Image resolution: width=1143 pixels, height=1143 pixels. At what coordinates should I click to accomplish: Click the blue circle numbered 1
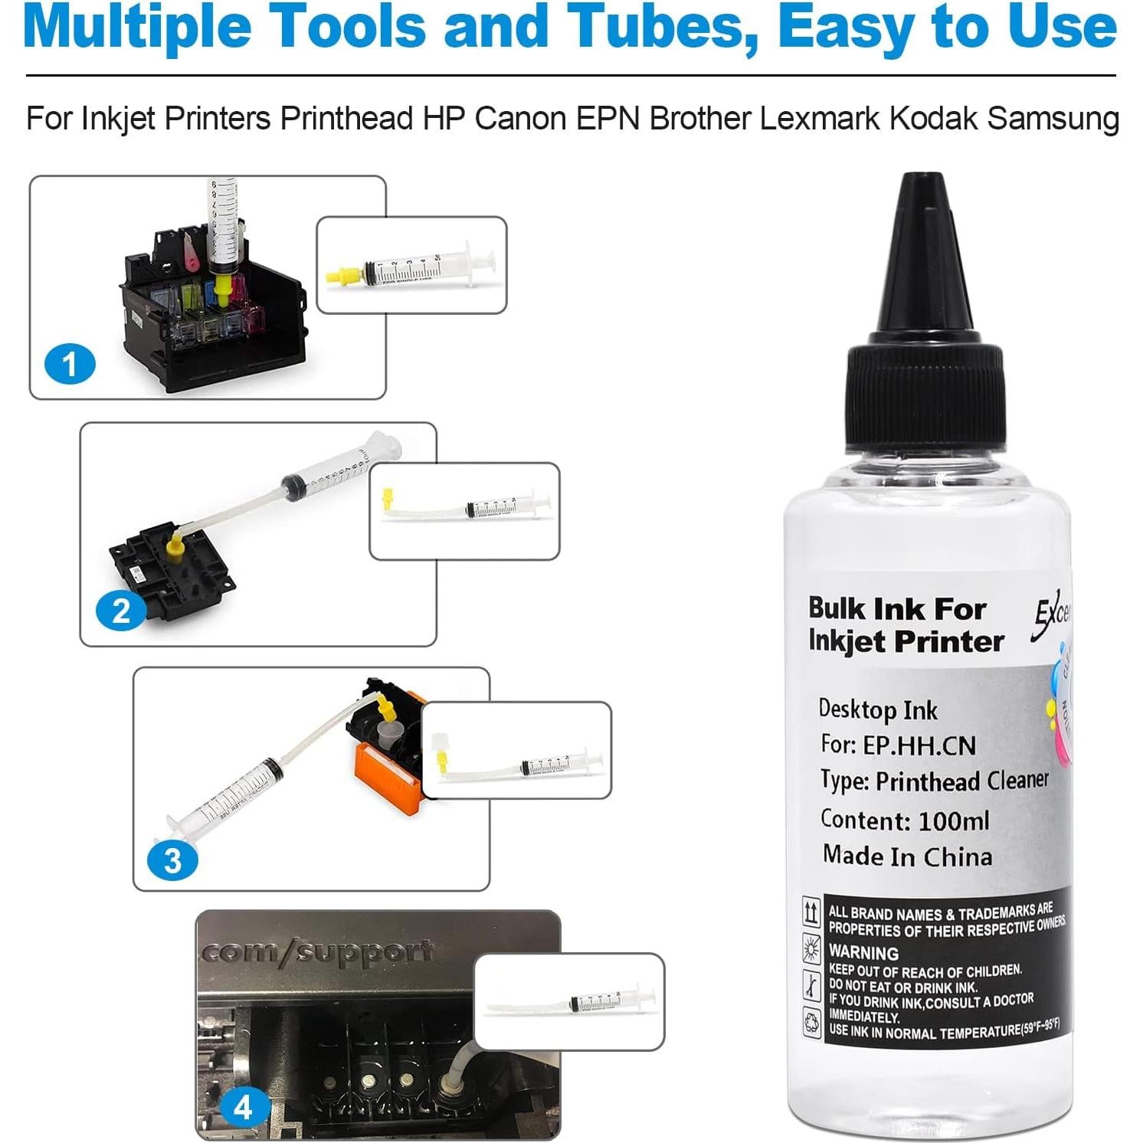[x=70, y=364]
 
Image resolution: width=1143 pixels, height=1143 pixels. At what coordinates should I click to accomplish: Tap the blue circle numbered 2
[x=120, y=611]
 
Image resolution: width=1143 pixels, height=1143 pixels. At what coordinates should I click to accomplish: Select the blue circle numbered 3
[x=172, y=860]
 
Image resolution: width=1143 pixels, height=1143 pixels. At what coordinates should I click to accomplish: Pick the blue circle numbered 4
[x=243, y=1107]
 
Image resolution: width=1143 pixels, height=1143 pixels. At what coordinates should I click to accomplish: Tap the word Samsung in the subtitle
[x=1053, y=119]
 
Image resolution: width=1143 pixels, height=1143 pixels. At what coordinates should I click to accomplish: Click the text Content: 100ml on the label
[x=905, y=820]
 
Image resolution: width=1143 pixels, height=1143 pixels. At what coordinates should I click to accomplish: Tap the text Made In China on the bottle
[x=907, y=856]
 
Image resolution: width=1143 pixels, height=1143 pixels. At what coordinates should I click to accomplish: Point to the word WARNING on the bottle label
[x=863, y=953]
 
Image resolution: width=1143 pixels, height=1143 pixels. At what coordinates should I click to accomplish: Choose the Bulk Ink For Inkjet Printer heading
[x=906, y=625]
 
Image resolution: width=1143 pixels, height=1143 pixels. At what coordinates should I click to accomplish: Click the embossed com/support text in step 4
[x=318, y=952]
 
